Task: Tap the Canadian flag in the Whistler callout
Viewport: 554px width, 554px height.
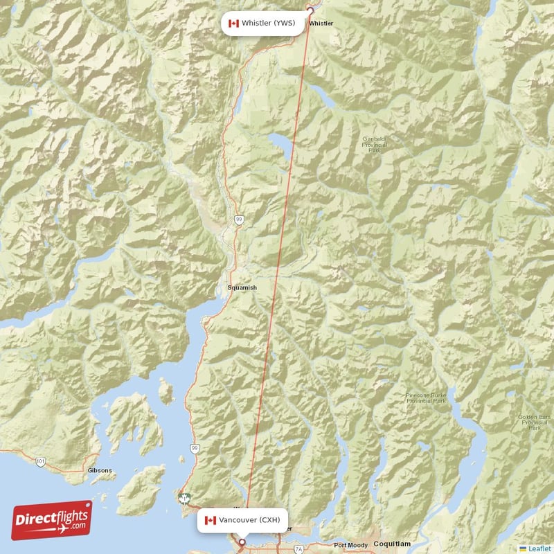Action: (233, 24)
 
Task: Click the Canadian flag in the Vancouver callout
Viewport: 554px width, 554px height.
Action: (211, 520)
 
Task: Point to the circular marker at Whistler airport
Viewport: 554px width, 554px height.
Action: (310, 10)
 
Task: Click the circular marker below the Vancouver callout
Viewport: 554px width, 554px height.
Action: (242, 542)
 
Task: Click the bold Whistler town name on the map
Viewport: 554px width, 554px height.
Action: (321, 24)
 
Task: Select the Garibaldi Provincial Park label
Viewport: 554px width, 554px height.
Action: (375, 144)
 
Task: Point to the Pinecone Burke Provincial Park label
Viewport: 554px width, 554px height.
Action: (426, 398)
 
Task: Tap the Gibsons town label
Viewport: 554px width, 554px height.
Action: (100, 470)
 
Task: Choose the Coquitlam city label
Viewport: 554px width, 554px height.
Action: (393, 544)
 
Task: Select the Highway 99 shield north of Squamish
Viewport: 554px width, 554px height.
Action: (239, 219)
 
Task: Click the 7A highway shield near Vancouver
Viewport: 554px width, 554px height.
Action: (298, 549)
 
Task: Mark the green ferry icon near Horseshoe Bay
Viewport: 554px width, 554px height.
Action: (185, 497)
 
